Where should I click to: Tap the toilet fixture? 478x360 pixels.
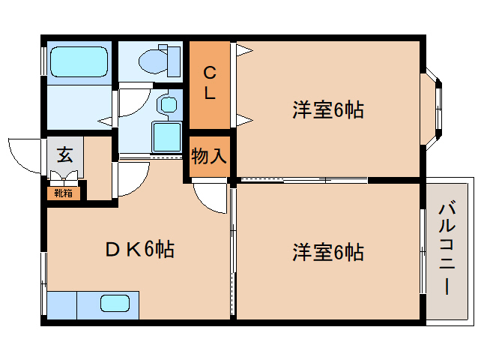pyautogui.click(x=154, y=58)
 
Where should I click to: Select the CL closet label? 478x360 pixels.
pyautogui.click(x=210, y=83)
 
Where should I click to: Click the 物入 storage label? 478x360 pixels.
pyautogui.click(x=209, y=157)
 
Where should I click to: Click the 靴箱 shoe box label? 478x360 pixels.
pyautogui.click(x=63, y=193)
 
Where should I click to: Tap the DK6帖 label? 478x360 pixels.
pyautogui.click(x=139, y=249)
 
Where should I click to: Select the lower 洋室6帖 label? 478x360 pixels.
pyautogui.click(x=327, y=252)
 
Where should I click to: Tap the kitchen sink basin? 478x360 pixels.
pyautogui.click(x=115, y=303)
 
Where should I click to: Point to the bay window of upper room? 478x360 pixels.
pyautogui.click(x=435, y=107)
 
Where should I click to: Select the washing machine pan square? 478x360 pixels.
pyautogui.click(x=166, y=137)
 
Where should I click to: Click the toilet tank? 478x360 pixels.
pyautogui.click(x=174, y=58)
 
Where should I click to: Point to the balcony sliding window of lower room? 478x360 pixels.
pyautogui.click(x=422, y=252)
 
